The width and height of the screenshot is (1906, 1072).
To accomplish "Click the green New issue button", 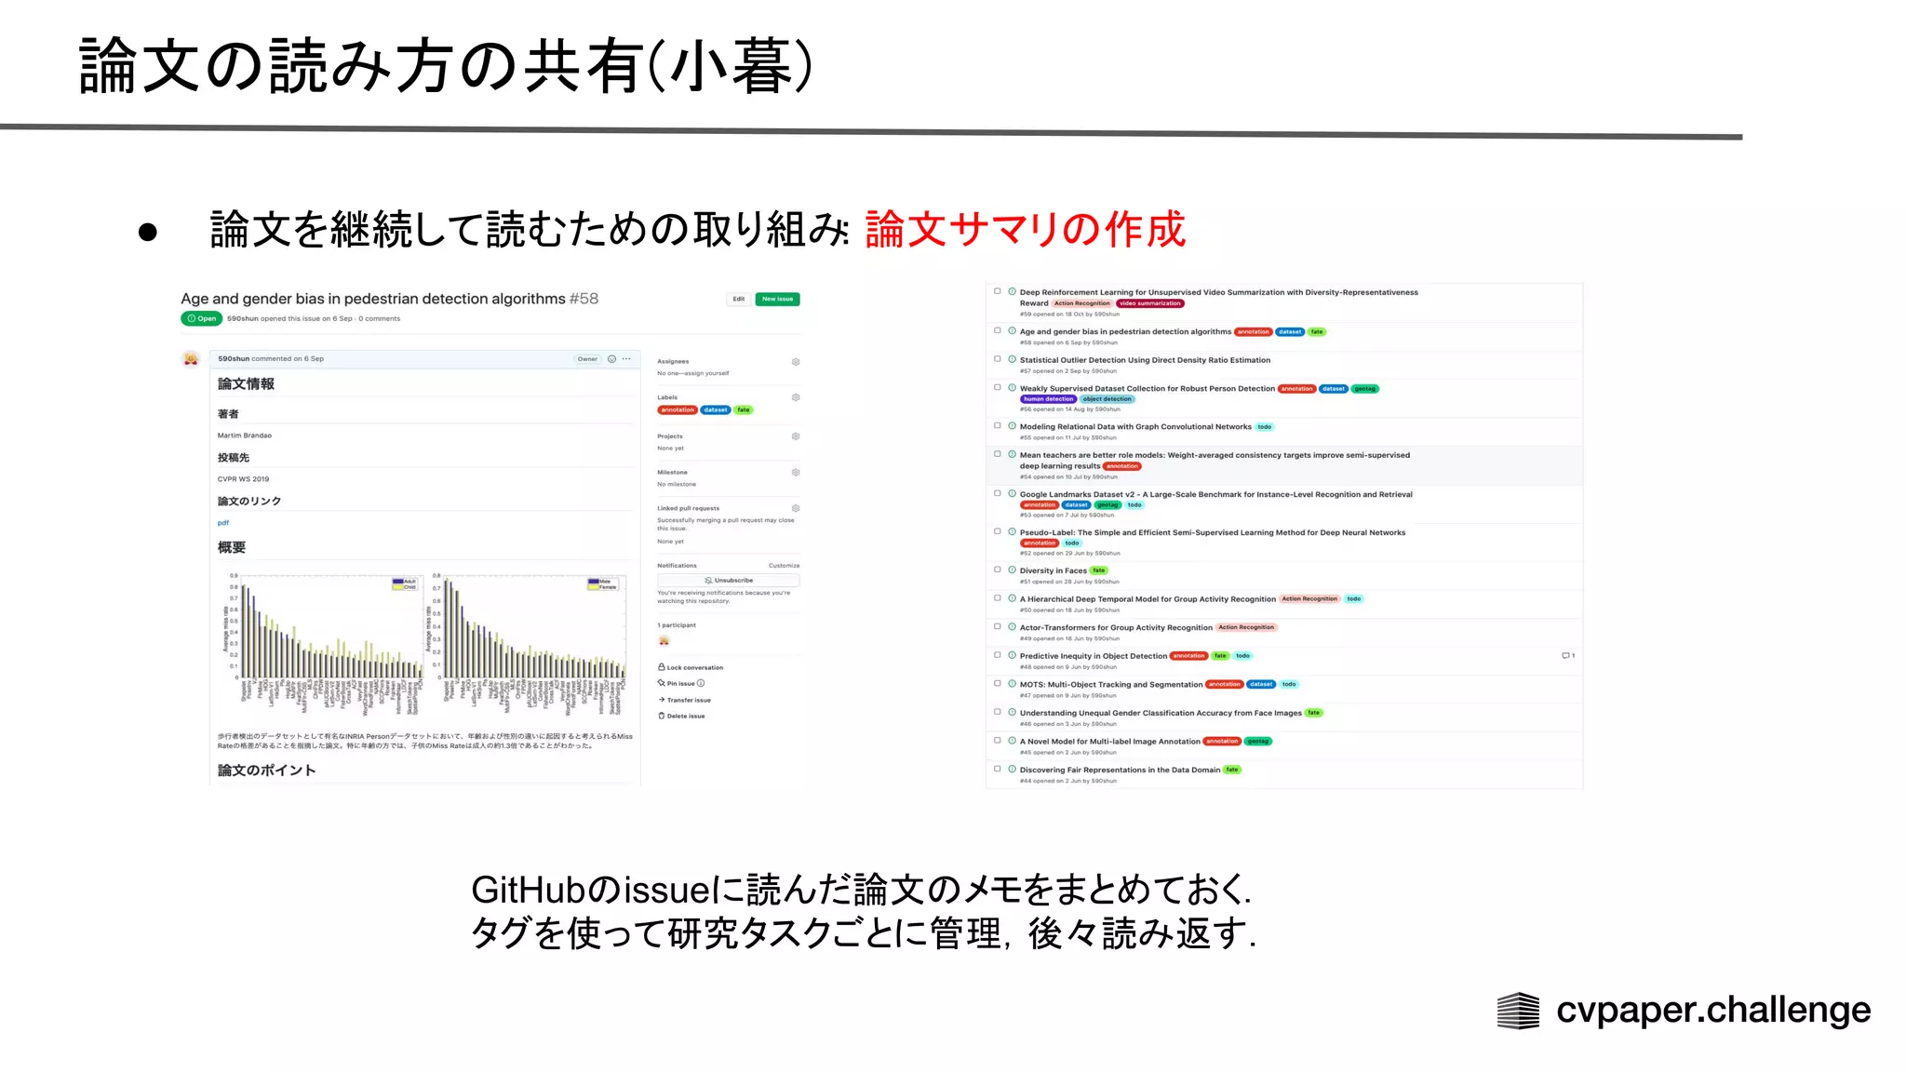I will click(777, 299).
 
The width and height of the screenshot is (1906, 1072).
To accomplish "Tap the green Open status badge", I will click(201, 318).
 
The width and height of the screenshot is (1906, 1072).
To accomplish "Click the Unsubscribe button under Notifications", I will click(729, 580).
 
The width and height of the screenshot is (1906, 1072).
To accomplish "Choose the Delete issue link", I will click(685, 716).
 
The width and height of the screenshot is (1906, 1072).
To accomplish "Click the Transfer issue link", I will click(688, 700).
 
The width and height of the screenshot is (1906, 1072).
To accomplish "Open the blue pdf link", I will click(223, 523).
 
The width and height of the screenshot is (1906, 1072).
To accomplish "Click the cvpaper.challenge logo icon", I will click(1518, 1011).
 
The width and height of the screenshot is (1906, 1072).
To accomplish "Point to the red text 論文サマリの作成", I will click(1025, 229).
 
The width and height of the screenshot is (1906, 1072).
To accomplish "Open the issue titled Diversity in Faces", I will click(1053, 570).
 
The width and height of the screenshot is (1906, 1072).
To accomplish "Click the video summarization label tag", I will click(1150, 303).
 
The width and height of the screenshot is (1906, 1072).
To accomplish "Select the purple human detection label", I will click(1048, 399).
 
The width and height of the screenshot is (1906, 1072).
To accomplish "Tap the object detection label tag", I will click(1107, 399).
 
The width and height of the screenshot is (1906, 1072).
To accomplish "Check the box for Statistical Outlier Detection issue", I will click(998, 359).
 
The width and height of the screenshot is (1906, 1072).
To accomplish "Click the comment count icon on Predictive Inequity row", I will click(1567, 656).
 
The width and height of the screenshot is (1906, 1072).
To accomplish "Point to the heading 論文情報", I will click(246, 384).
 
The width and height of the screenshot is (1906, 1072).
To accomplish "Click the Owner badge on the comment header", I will click(587, 359).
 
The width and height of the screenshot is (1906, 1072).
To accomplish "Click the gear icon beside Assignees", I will click(796, 362).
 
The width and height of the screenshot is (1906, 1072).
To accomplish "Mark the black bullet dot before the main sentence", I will click(148, 232).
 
